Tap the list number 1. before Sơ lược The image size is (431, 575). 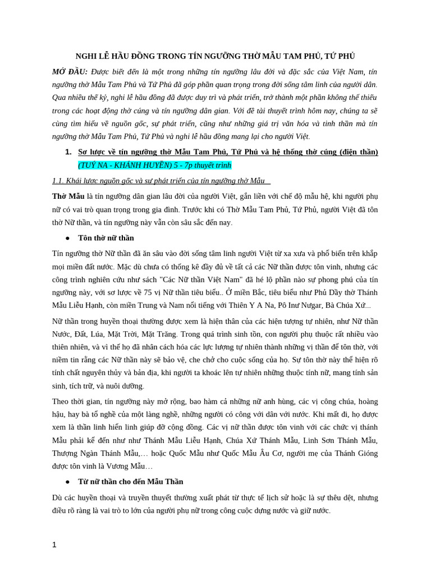tap(68, 152)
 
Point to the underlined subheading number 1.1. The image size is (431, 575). tap(58, 180)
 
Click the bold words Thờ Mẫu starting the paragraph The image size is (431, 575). tap(68, 197)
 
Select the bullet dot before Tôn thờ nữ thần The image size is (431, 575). tap(68, 238)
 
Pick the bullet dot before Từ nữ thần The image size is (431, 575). tap(68, 482)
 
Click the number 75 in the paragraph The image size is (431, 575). tap(148, 293)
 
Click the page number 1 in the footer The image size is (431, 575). tap(54, 545)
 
